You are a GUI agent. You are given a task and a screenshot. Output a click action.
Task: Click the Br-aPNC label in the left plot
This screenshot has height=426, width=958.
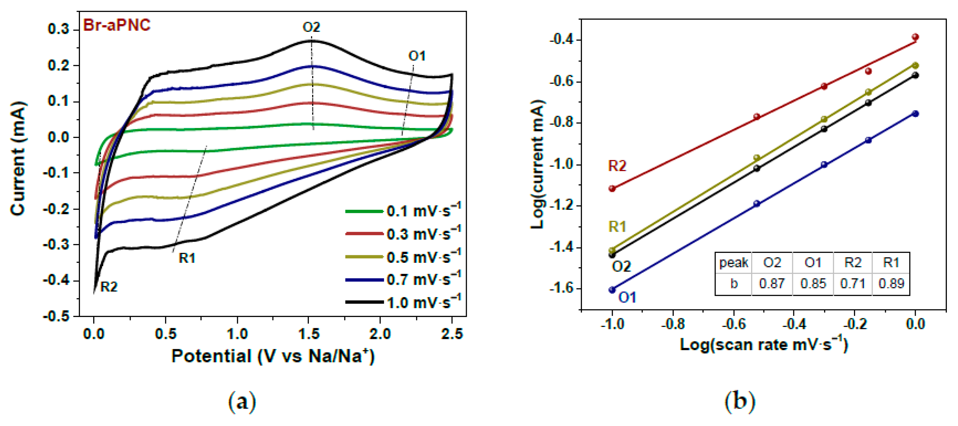click(116, 25)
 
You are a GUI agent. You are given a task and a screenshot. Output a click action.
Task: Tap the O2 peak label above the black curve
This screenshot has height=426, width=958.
click(311, 27)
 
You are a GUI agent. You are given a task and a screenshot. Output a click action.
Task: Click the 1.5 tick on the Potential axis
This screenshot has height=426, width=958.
click(309, 334)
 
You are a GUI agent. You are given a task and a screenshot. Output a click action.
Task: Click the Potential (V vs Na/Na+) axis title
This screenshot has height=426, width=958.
click(272, 356)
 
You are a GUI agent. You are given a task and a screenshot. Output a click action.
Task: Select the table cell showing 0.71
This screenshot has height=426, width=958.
click(852, 284)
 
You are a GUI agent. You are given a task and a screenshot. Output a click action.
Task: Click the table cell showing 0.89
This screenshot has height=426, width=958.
click(891, 284)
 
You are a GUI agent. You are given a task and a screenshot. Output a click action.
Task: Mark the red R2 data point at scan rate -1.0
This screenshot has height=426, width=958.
click(612, 188)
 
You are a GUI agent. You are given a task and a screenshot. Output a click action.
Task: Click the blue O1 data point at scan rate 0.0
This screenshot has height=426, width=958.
click(915, 114)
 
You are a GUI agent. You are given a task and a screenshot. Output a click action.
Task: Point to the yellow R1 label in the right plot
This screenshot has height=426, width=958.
click(617, 226)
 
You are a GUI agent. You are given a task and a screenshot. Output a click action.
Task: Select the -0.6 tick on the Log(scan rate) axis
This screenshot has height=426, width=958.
click(734, 324)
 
